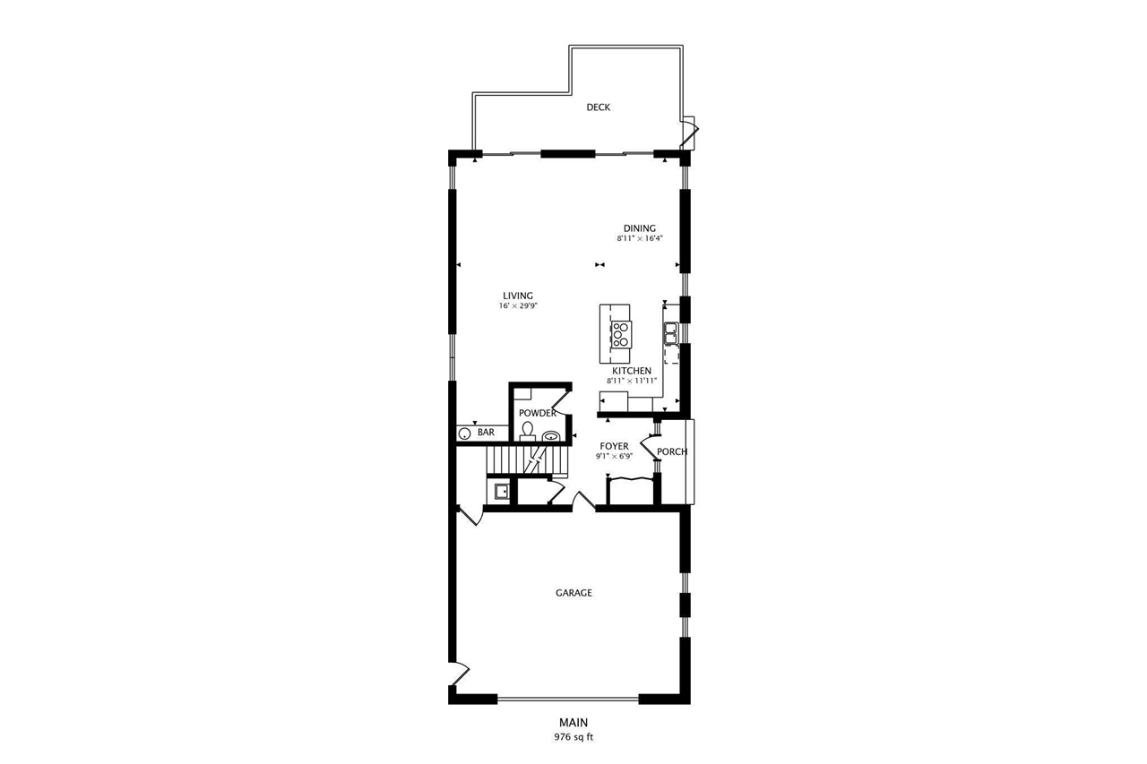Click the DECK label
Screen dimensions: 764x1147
(x=598, y=107)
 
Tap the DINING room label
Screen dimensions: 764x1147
(x=640, y=228)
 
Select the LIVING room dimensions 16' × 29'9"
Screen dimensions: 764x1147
(x=518, y=306)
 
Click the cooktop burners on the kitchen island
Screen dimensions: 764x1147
(x=619, y=333)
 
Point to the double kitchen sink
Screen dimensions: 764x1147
(x=669, y=334)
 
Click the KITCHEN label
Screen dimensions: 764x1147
(x=632, y=371)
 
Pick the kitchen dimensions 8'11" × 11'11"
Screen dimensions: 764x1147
(x=632, y=381)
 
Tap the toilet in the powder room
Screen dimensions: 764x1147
(x=528, y=433)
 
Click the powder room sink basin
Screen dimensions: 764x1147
(x=552, y=437)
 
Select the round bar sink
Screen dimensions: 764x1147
(x=465, y=434)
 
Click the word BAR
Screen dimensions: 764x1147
(x=486, y=434)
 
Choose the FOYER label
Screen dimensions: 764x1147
(x=614, y=446)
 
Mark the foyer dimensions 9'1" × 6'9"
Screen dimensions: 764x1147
(x=614, y=456)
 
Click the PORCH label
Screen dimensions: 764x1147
(x=672, y=451)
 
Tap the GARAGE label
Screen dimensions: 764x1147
(x=573, y=593)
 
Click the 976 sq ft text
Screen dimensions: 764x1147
(x=573, y=738)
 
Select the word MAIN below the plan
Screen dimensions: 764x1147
(x=573, y=723)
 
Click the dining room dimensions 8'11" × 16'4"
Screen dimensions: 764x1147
(x=640, y=239)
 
